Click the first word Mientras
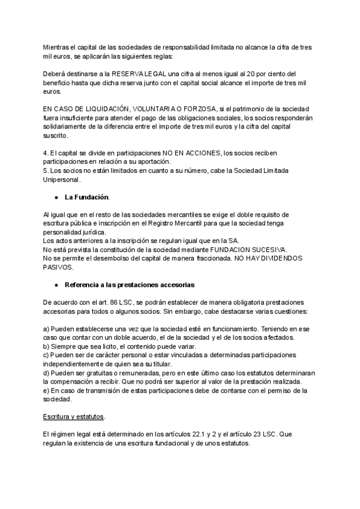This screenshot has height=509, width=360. [x=56, y=47]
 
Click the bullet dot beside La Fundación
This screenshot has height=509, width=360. [x=56, y=197]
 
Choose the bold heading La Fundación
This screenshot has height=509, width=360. [x=87, y=197]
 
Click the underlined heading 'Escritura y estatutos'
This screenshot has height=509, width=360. [x=74, y=417]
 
